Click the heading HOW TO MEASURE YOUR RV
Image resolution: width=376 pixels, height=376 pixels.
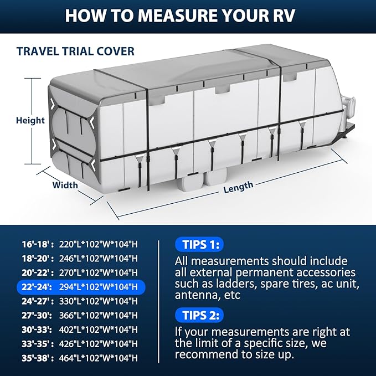click(188, 15)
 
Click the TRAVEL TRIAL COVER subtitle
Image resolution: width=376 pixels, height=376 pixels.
click(75, 51)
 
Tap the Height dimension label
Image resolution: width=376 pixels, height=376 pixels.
click(30, 120)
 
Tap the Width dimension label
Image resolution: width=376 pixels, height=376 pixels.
click(65, 185)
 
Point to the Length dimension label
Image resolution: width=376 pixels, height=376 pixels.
click(238, 187)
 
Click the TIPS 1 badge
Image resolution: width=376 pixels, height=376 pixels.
click(199, 244)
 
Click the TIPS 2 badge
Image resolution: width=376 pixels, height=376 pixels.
click(199, 315)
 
